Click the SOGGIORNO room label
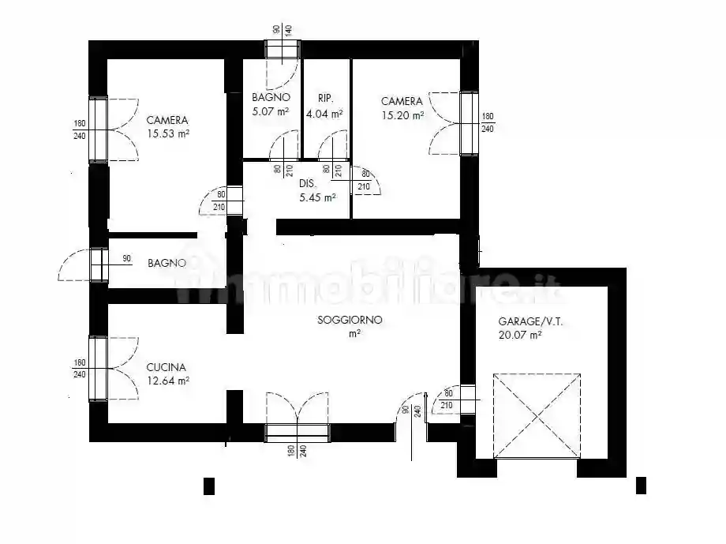[350, 321]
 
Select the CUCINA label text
[166, 367]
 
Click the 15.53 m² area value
[167, 134]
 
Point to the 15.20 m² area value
[402, 114]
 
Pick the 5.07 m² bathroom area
[271, 111]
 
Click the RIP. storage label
[326, 99]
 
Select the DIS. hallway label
[308, 184]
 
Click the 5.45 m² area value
[317, 197]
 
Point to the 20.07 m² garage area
[519, 336]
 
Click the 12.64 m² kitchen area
[167, 381]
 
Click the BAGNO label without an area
[167, 264]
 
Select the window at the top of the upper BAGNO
[282, 50]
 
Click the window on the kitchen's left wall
[98, 368]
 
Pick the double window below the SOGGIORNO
[298, 432]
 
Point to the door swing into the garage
[446, 400]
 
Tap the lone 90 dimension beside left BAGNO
[126, 258]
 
